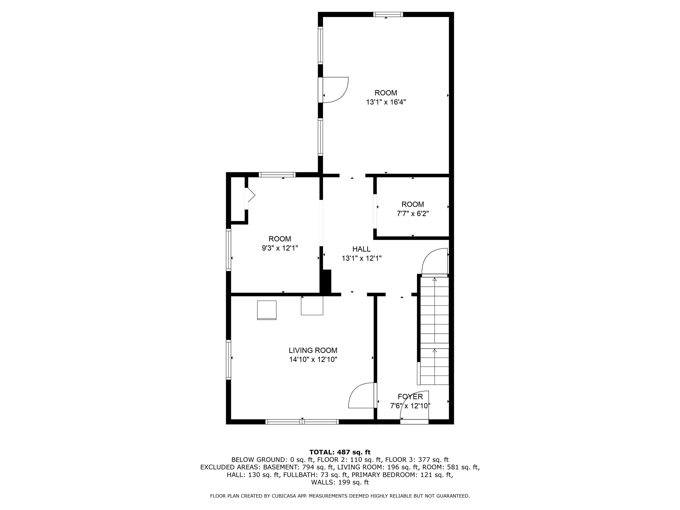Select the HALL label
click(x=361, y=249)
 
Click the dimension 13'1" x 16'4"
click(x=386, y=102)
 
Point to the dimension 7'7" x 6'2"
click(x=413, y=214)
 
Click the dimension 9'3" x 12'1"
click(x=280, y=248)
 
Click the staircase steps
click(x=434, y=329)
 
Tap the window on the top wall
click(x=388, y=14)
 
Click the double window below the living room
click(x=302, y=422)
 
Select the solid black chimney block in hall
click(x=326, y=281)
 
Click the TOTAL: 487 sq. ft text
click(x=340, y=452)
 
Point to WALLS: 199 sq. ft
click(x=340, y=482)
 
